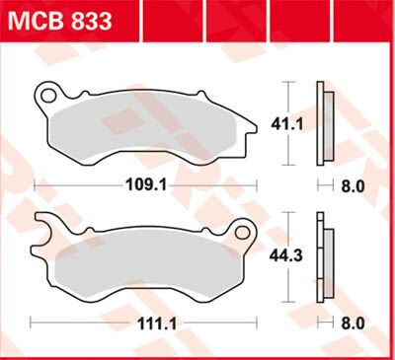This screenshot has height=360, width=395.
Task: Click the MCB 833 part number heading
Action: pos(60,20)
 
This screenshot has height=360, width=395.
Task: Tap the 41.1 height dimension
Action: pos(283,123)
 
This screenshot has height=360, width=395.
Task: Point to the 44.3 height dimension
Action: pos(282,256)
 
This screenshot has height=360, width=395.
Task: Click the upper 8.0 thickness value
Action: pos(353,184)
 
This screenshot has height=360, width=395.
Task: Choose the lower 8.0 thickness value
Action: pos(353,322)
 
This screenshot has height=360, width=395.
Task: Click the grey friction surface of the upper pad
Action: pos(148,128)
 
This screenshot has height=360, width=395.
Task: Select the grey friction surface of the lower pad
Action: pos(138,261)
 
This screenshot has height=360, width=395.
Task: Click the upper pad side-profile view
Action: pos(322,123)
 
